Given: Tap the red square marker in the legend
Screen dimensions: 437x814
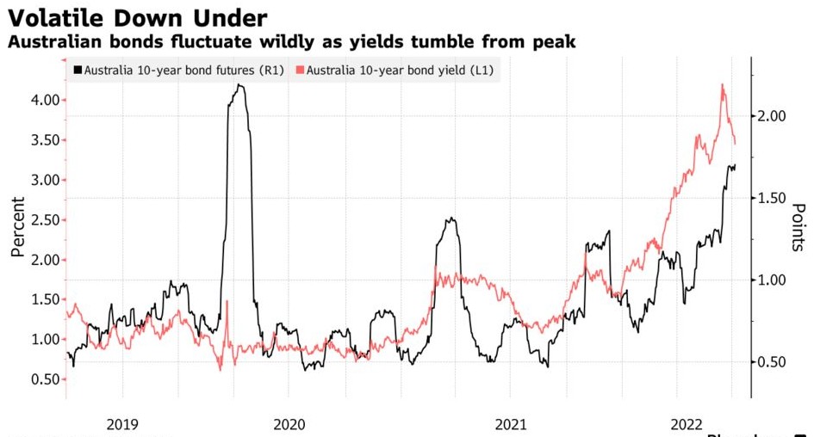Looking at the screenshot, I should pyautogui.click(x=300, y=70).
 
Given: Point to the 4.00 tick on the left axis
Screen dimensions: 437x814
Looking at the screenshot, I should pyautogui.click(x=43, y=100).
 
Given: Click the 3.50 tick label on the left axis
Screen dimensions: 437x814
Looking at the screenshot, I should pyautogui.click(x=43, y=140).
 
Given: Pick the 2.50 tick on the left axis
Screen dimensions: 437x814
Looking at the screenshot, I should pyautogui.click(x=43, y=220).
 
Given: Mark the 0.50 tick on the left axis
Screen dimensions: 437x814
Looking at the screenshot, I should pyautogui.click(x=43, y=379).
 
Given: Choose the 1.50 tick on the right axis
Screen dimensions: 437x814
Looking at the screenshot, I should pyautogui.click(x=774, y=198).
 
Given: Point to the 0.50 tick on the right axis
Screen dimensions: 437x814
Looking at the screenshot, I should pyautogui.click(x=774, y=362).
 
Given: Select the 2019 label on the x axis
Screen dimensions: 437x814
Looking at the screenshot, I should pyautogui.click(x=123, y=423).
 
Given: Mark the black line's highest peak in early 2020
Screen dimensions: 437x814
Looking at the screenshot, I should pyautogui.click(x=239, y=85).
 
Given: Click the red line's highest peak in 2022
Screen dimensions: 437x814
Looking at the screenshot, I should pyautogui.click(x=721, y=84).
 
